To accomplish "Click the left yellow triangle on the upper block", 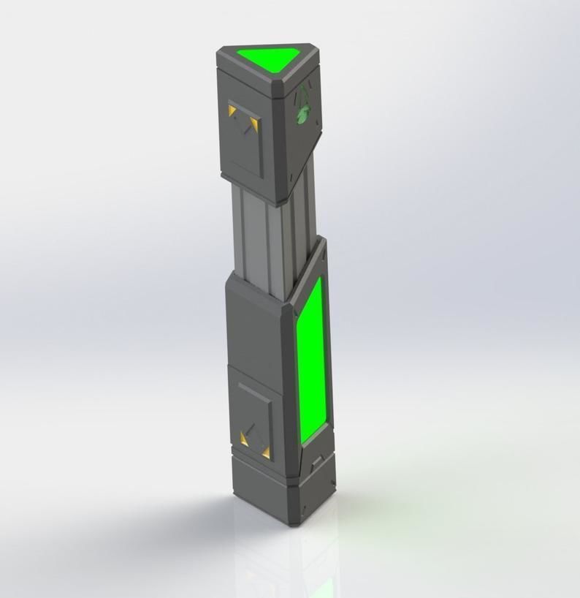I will [232, 110].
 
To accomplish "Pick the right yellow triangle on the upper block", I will [253, 124].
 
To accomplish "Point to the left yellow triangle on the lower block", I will [245, 439].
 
